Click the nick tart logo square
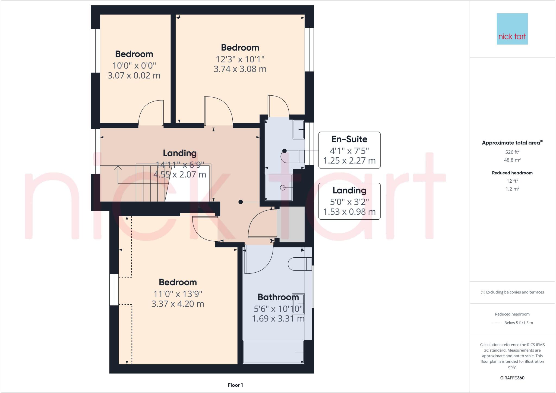tap(512, 29)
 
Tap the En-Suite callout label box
tap(349, 150)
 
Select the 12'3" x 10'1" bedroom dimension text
tap(240, 59)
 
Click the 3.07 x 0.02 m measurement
tap(134, 75)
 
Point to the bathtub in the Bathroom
tap(273, 352)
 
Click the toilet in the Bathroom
tap(299, 264)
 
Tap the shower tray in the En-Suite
tap(279, 188)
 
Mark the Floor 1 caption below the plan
tap(235, 385)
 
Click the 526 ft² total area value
tap(512, 152)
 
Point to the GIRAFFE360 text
tap(512, 378)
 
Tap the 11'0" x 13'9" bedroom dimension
tap(178, 294)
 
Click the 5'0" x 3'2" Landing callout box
tap(349, 201)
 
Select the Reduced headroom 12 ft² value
tap(512, 181)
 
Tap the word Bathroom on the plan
tap(278, 297)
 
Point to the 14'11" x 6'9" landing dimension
tap(179, 165)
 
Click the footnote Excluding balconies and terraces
tap(512, 292)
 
